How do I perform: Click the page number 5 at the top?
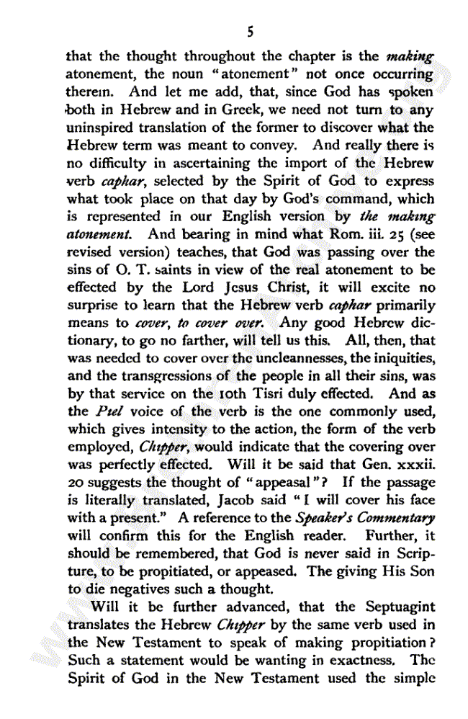[x=250, y=31]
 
